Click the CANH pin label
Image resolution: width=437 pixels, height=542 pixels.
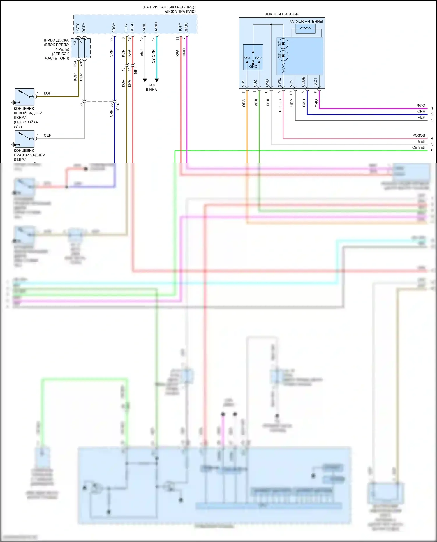point(156,27)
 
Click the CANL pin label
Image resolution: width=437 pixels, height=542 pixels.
point(144,28)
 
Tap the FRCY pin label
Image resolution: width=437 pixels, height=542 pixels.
point(114,28)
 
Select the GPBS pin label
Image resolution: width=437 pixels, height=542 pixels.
point(186,27)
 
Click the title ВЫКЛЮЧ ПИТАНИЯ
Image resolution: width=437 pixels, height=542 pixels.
point(282,14)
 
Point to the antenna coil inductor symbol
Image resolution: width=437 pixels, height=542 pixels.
point(305,29)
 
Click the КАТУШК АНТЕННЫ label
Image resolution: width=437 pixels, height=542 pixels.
point(306,21)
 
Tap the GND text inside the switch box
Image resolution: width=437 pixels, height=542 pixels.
point(253,66)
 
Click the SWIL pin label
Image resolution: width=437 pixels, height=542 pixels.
point(279,82)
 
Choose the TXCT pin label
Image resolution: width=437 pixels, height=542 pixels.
point(315,82)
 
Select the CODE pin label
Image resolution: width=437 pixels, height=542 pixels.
point(303,82)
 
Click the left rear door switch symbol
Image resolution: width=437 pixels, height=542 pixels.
point(24,97)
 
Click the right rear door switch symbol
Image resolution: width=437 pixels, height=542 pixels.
point(24,139)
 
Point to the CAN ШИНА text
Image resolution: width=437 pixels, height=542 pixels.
point(151,87)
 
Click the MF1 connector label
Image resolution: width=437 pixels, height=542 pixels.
point(135,70)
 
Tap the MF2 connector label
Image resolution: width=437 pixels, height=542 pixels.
point(118,107)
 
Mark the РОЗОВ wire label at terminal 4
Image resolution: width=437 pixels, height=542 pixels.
point(419,135)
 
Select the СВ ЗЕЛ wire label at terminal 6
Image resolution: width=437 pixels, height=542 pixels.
point(419,147)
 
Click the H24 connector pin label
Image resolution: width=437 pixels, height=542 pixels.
point(75,64)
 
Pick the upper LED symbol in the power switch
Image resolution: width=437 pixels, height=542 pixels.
point(283,44)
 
